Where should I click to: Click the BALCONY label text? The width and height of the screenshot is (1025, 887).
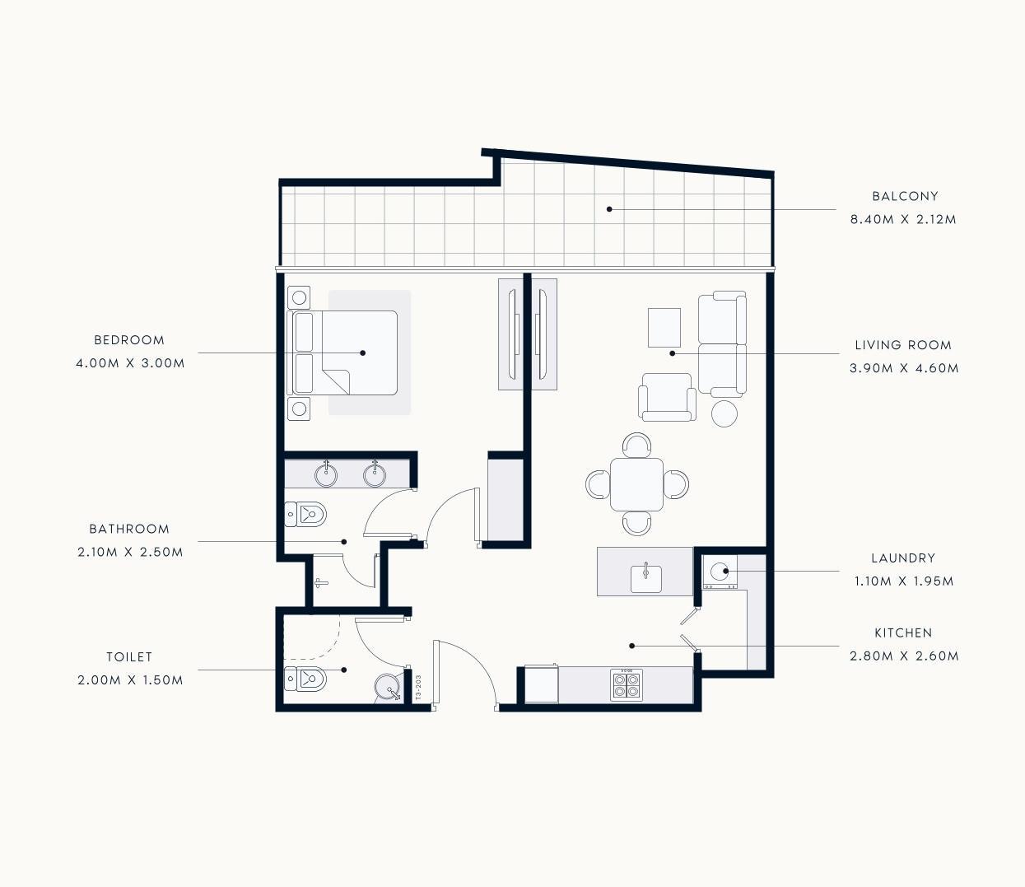pos(905,197)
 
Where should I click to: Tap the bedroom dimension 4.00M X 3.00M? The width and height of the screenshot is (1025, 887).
pos(130,363)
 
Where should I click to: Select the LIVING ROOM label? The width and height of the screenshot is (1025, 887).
pos(903,345)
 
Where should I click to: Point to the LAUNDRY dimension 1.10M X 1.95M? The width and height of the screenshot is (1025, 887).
pos(904,581)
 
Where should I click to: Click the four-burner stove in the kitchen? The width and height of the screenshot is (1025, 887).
pos(627,685)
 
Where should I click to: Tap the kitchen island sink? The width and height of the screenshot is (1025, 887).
pos(645,578)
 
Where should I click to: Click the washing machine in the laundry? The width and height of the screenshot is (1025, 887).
pos(720,572)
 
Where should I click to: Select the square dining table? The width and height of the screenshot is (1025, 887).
pos(636,484)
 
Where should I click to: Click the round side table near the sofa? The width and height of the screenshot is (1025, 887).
pos(724,413)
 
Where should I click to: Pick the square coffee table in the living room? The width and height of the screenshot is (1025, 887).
pos(664,328)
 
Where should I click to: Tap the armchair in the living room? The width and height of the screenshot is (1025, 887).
pos(667,397)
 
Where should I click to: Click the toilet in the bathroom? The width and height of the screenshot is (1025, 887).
pos(305,514)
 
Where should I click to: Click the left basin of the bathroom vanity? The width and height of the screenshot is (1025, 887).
pos(326,474)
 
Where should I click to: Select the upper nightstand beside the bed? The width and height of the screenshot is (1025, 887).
pos(299,297)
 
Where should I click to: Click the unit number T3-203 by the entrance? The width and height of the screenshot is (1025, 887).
pos(418,688)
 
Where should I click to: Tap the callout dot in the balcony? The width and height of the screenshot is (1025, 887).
pos(609,209)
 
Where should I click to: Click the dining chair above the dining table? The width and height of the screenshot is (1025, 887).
pos(636,445)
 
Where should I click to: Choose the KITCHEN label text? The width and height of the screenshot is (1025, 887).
pos(903,633)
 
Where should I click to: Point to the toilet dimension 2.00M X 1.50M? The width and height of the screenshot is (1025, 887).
pos(130,680)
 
